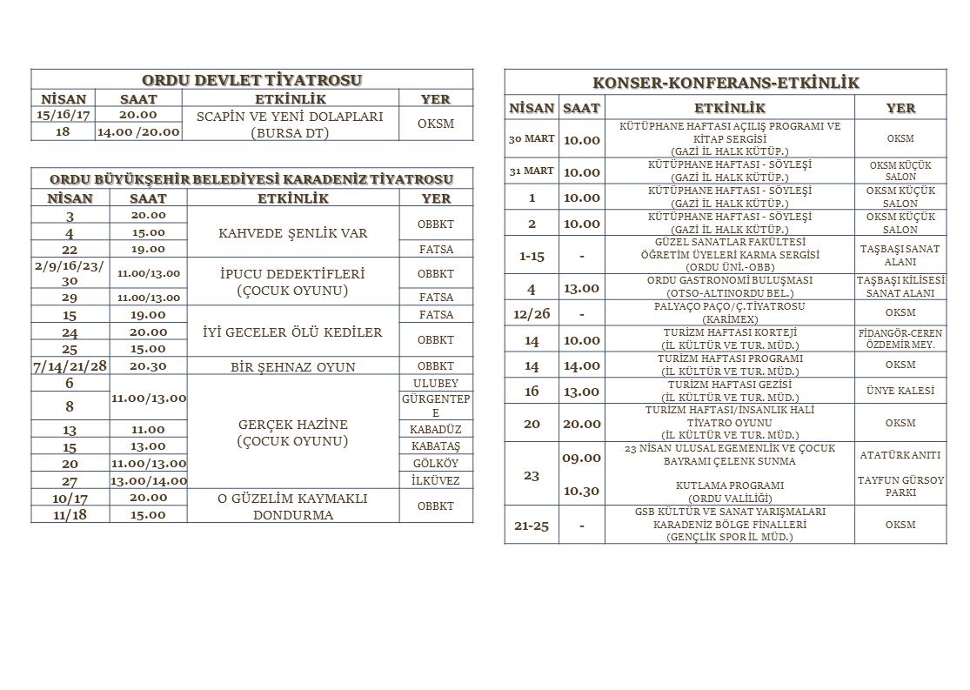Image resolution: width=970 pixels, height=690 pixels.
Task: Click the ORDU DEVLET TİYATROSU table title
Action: (251, 80)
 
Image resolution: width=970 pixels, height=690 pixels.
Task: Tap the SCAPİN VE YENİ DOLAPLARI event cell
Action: (290, 124)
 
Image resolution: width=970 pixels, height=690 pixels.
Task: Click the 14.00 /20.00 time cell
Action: (138, 132)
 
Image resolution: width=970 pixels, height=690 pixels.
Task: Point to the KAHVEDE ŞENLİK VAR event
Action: (292, 233)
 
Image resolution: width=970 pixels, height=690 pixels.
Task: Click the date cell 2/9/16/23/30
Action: (70, 273)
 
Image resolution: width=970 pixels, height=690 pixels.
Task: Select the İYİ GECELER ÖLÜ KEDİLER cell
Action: (292, 332)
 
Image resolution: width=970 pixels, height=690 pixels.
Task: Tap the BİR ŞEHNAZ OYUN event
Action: (292, 366)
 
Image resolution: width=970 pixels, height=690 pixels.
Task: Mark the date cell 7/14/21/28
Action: (70, 366)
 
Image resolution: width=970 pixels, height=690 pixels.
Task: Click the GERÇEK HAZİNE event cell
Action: (292, 432)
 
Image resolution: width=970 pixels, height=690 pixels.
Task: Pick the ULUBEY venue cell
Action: (436, 384)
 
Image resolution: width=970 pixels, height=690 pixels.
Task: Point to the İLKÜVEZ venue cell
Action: (436, 480)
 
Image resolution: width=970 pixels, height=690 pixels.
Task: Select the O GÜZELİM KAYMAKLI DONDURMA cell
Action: (292, 506)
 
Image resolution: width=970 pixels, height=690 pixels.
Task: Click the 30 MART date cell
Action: (531, 139)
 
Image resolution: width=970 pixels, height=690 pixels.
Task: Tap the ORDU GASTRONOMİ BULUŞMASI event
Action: (729, 287)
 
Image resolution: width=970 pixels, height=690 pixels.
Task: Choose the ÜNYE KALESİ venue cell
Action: (900, 392)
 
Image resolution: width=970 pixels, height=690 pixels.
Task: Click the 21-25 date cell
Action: (531, 526)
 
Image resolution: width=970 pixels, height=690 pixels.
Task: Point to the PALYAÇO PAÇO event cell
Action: (729, 312)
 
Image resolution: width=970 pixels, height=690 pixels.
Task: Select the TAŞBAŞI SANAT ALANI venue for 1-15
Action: (900, 255)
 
